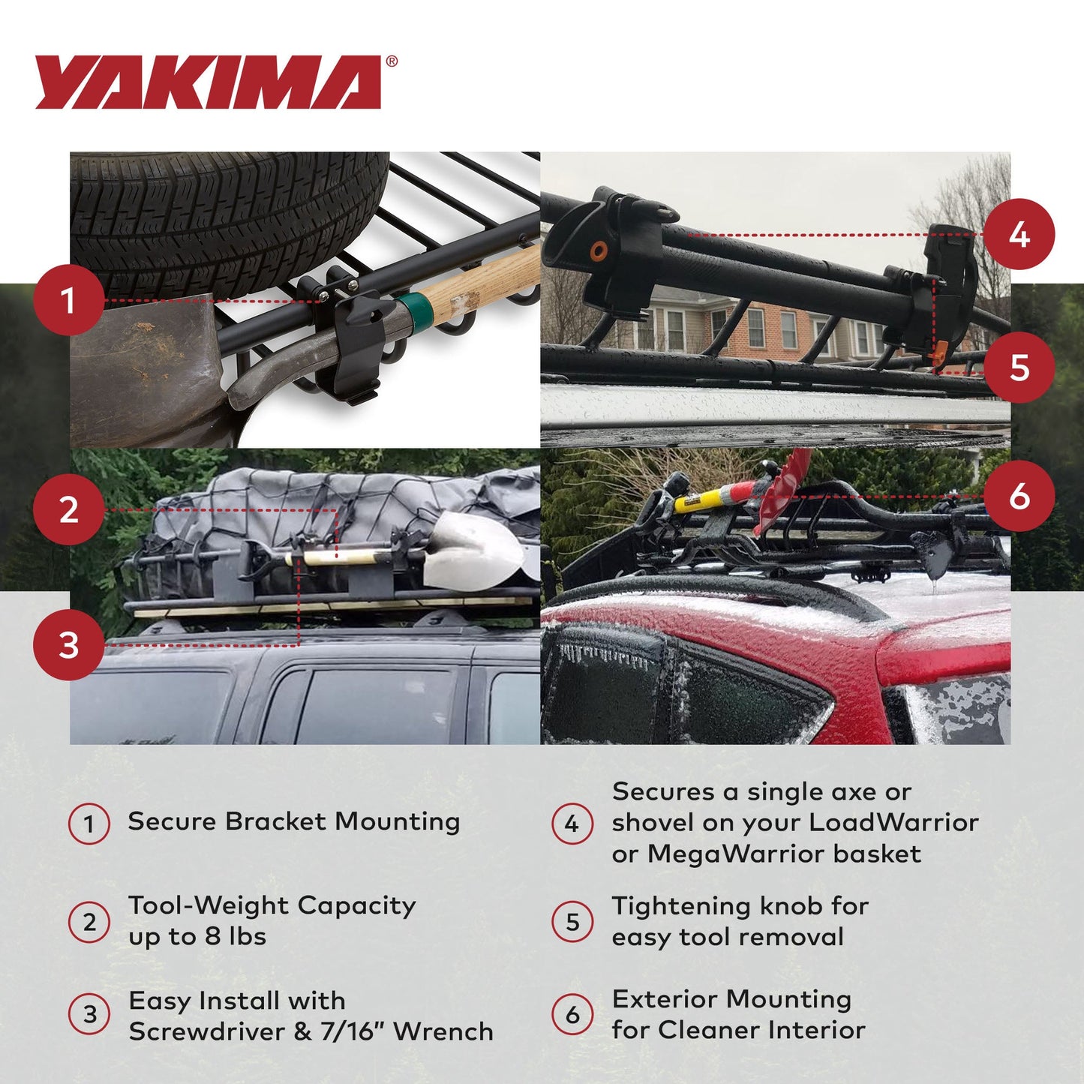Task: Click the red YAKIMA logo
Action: coord(209,83)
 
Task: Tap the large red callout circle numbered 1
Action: coord(68,301)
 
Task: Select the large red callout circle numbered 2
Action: coord(68,510)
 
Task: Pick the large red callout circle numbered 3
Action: coord(68,644)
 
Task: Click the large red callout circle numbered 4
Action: coord(1019,235)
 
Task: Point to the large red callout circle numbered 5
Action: coord(1019,368)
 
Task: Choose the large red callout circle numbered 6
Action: coord(1019,496)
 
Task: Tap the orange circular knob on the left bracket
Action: coord(598,250)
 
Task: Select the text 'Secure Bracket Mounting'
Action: coord(293,821)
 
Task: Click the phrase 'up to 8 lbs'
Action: coord(197,937)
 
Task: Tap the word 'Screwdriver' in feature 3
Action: coord(206,1031)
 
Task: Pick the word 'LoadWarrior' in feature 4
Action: coord(893,823)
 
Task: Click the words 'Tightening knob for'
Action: coord(740,906)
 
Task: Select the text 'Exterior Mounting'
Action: coord(731,999)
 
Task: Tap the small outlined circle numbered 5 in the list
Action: coord(572,922)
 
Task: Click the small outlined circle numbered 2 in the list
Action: coord(89,922)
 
